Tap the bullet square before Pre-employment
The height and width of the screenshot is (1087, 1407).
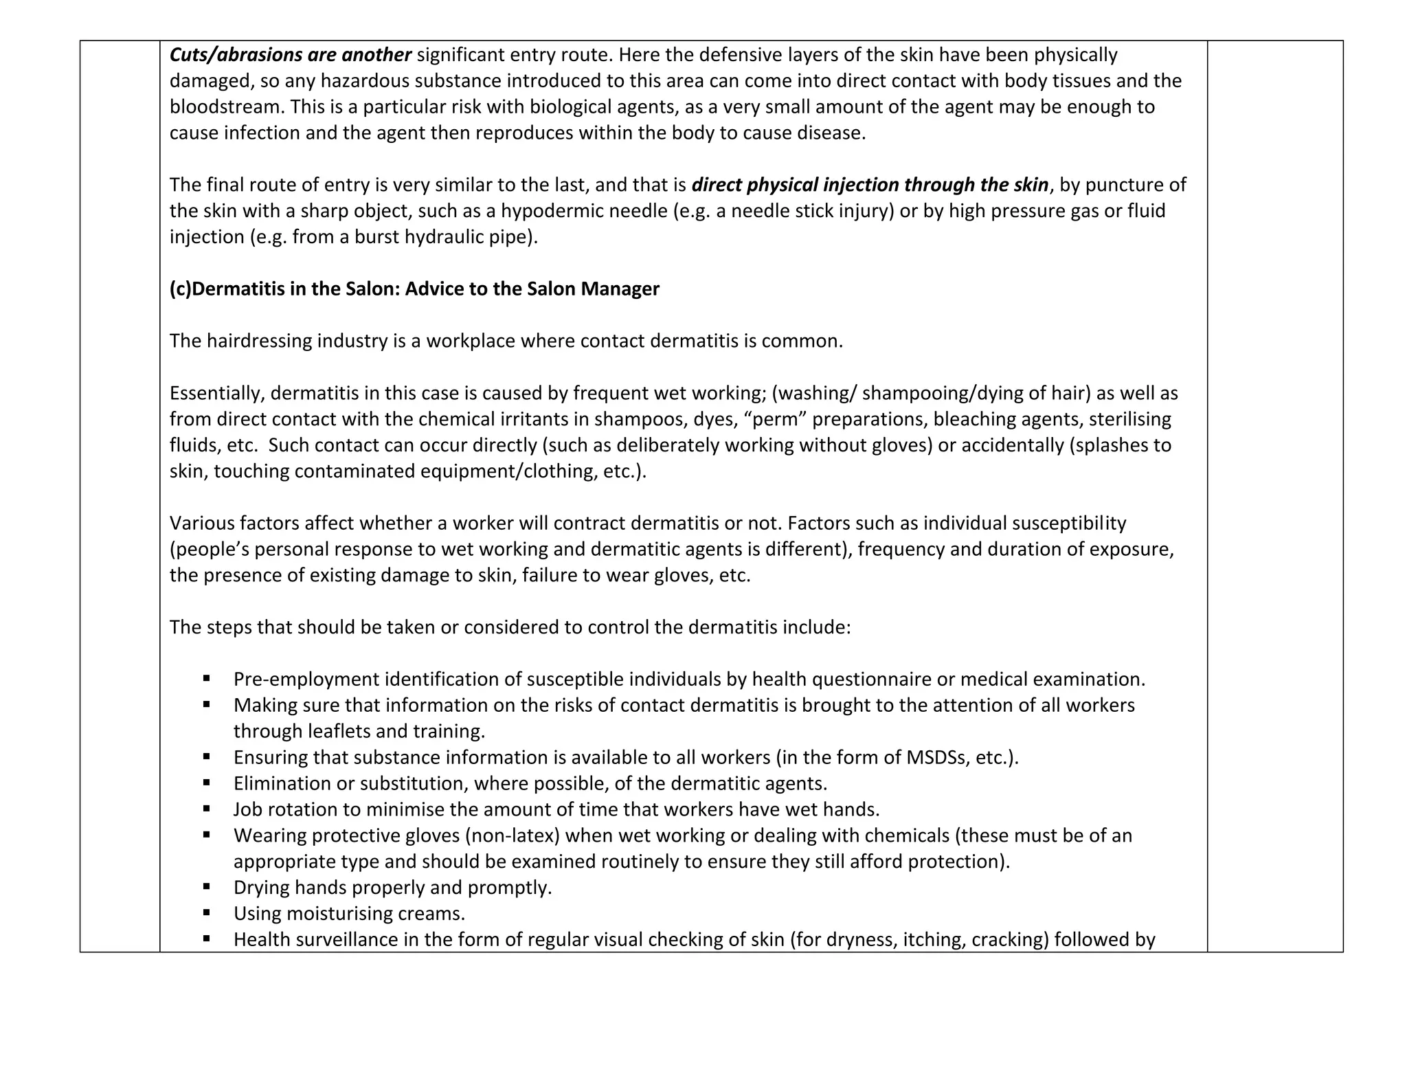(x=207, y=679)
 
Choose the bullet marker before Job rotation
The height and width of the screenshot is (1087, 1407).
(x=207, y=809)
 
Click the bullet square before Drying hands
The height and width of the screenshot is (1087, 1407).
(x=207, y=887)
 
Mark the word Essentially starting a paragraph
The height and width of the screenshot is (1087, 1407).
(x=216, y=394)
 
